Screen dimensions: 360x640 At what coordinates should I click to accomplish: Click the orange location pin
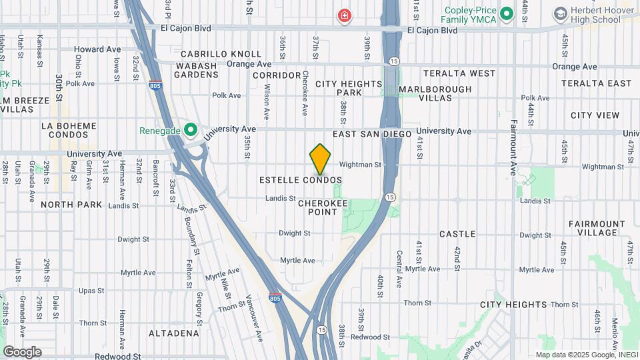(x=321, y=159)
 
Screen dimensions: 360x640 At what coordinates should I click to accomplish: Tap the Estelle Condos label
(x=301, y=181)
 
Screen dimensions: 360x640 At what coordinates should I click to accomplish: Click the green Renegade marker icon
(x=190, y=130)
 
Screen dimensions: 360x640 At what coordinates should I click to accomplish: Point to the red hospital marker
(x=344, y=15)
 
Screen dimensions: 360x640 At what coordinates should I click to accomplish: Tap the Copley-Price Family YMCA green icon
(x=507, y=13)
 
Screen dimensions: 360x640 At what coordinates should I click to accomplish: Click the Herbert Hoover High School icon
(x=560, y=13)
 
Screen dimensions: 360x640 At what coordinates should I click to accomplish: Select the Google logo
(x=22, y=352)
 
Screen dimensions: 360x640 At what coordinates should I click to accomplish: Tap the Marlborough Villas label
(x=435, y=93)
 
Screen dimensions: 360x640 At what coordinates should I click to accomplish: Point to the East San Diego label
(x=373, y=134)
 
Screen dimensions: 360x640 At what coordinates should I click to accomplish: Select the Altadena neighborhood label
(x=174, y=333)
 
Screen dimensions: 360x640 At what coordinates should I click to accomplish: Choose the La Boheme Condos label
(x=69, y=130)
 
